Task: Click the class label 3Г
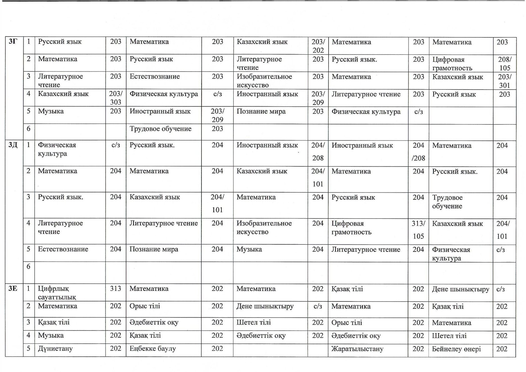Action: pos(13,41)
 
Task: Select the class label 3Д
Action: pos(13,145)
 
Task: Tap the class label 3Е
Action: pos(13,288)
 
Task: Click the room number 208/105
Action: pos(504,63)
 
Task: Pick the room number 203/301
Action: pos(504,81)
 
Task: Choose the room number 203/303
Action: pos(116,98)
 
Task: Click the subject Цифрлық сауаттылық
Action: pos(57,293)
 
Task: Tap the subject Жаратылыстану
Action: pos(357,349)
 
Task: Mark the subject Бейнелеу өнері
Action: pos(456,349)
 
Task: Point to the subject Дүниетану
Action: pos(55,349)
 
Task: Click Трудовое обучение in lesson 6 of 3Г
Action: pos(161,129)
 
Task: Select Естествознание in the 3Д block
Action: pos(63,249)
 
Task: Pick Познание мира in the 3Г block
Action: pos(261,111)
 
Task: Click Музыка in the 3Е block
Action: pos(51,335)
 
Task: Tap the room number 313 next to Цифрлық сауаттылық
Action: pos(116,289)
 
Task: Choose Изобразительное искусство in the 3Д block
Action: pos(264,228)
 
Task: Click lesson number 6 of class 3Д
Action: pos(28,266)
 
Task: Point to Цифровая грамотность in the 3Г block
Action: pos(452,64)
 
